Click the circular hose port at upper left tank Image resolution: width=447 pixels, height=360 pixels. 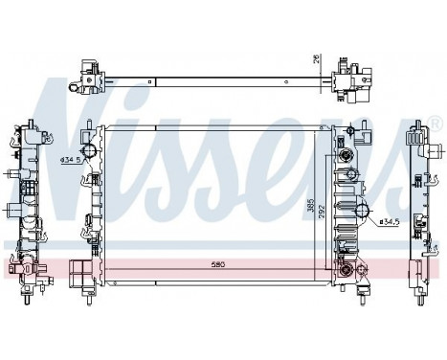pos(91,152)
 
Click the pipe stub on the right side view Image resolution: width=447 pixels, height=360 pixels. pos(436,153)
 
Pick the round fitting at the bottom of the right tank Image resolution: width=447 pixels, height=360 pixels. pos(344,273)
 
